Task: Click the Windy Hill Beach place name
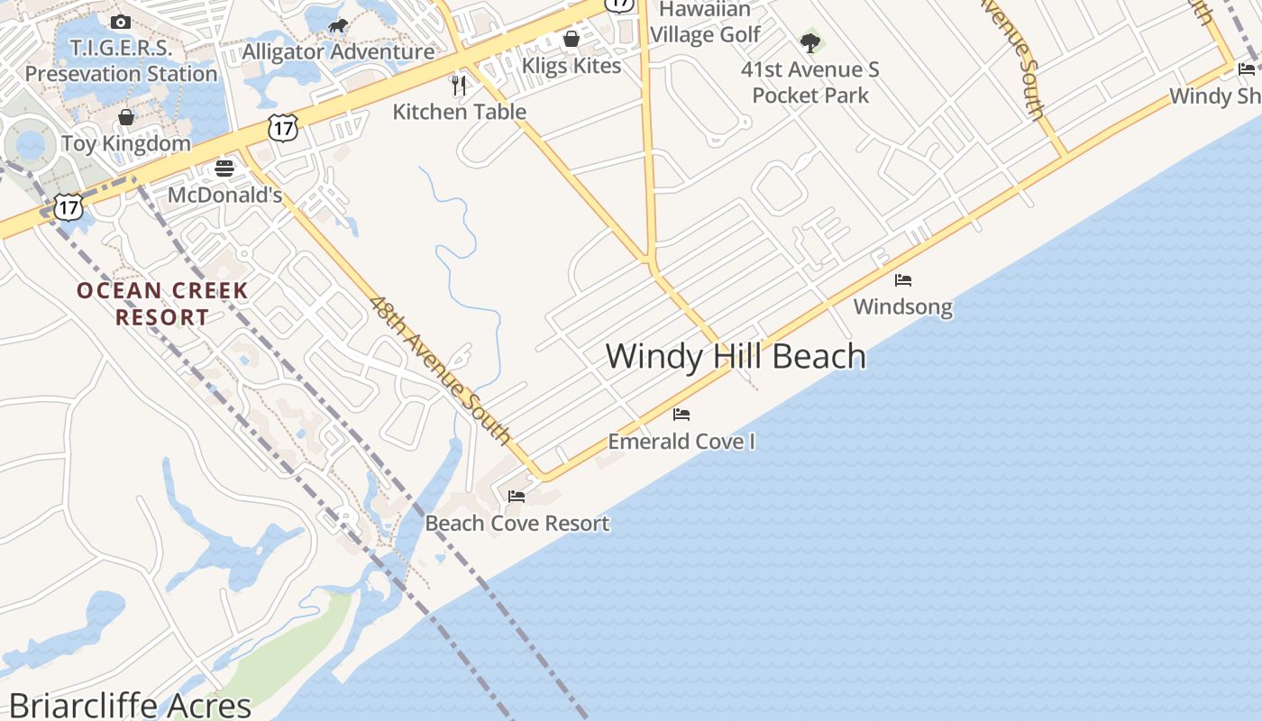[736, 356]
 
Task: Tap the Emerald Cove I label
[681, 442]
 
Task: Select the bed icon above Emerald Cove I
[681, 415]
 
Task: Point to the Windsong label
[902, 306]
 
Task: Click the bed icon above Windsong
[903, 280]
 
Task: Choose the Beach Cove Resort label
[517, 524]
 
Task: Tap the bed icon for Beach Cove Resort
[517, 496]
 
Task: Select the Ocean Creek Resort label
[162, 304]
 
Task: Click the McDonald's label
[225, 195]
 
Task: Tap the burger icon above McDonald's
[224, 168]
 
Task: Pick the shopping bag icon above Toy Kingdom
[126, 117]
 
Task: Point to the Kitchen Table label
[460, 112]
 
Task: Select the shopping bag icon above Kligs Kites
[572, 39]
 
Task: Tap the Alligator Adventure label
[338, 51]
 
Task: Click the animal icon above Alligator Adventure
[338, 25]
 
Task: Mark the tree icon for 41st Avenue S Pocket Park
[810, 42]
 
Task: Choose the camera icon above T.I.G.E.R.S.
[121, 22]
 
